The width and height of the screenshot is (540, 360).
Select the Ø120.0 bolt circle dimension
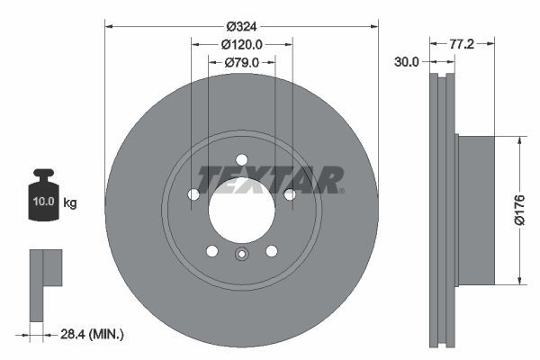click(241, 44)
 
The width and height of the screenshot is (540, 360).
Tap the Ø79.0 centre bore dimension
click(240, 62)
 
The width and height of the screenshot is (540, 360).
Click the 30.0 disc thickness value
click(407, 61)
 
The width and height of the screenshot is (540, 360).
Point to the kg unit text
click(70, 202)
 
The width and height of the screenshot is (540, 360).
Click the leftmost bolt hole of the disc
click(193, 194)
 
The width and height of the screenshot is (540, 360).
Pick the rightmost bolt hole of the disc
click(290, 194)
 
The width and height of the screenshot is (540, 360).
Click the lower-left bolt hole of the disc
click(211, 250)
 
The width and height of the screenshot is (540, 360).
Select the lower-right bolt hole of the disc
click(271, 250)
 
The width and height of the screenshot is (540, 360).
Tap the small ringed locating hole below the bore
click(241, 255)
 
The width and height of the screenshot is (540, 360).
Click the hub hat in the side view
click(475, 211)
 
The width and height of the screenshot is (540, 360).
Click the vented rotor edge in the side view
click(441, 211)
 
